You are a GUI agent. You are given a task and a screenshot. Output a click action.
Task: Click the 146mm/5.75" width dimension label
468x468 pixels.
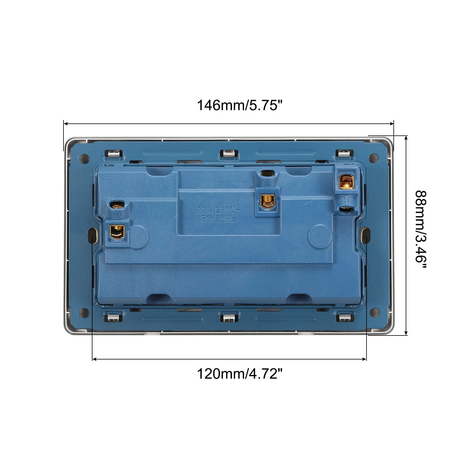pos(240,105)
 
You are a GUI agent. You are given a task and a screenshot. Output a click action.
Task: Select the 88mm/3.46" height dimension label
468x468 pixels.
pos(421,230)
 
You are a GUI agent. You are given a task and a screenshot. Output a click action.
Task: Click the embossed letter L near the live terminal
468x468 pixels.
pos(267,183)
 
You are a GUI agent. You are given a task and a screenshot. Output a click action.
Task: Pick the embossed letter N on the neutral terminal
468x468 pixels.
pos(347,201)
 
